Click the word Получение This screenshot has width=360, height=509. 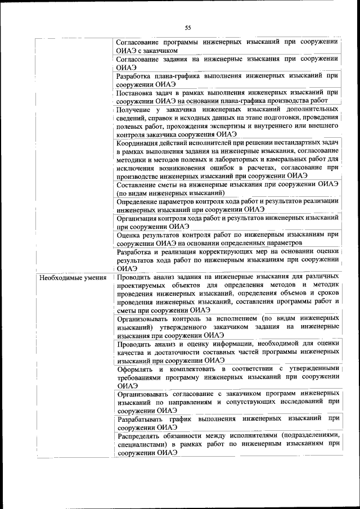[x=136, y=108]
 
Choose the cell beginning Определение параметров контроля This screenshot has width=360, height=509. [x=227, y=205]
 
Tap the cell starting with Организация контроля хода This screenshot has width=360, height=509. [x=227, y=222]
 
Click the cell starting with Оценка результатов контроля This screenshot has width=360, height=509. [x=227, y=238]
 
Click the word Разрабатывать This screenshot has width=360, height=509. [x=145, y=418]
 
